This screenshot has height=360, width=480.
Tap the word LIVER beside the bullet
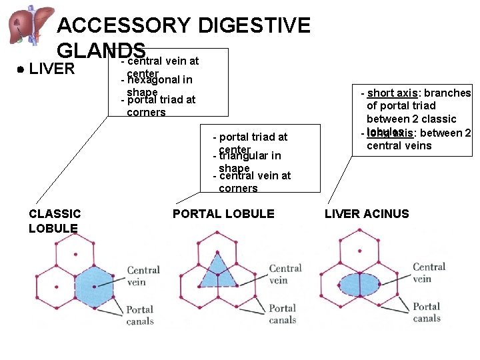(x=52, y=69)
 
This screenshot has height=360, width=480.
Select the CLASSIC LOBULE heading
(x=55, y=221)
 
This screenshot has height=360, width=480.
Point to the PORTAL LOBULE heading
(x=223, y=214)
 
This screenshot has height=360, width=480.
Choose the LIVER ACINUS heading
(x=367, y=214)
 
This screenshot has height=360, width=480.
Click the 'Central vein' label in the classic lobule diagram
(x=143, y=276)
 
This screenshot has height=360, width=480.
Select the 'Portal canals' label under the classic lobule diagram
(x=140, y=315)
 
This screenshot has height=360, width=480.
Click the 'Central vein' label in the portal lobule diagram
(x=285, y=274)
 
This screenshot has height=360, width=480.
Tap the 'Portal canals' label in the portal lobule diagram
(x=283, y=314)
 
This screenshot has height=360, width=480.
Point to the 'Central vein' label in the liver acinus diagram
(x=429, y=273)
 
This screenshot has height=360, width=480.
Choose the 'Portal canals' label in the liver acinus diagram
(x=427, y=312)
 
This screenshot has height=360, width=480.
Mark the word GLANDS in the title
(x=101, y=51)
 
